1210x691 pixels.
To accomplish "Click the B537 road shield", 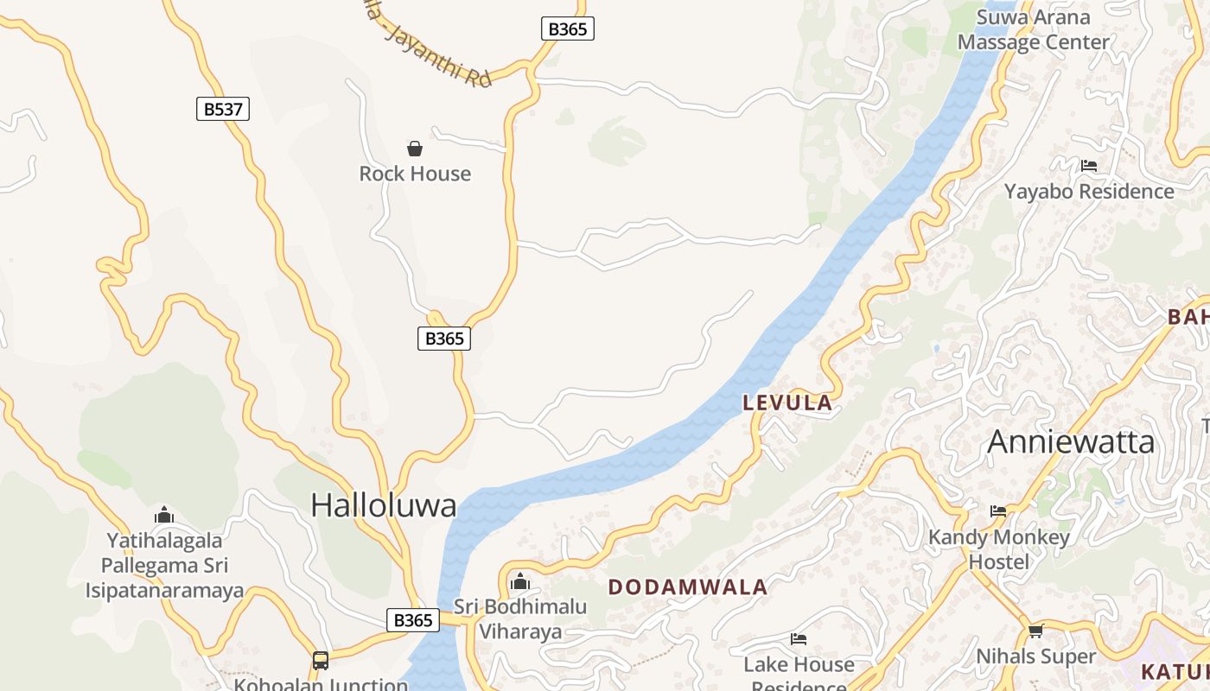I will pyautogui.click(x=223, y=109).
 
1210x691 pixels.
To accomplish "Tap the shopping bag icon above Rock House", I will pyautogui.click(x=415, y=149).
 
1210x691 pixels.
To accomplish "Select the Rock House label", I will pyautogui.click(x=415, y=174).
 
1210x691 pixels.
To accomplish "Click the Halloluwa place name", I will pyautogui.click(x=383, y=505).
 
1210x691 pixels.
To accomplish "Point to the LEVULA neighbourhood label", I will pyautogui.click(x=787, y=403).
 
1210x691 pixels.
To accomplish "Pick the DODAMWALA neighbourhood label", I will pyautogui.click(x=688, y=587).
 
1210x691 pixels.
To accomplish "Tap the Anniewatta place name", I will pyautogui.click(x=1071, y=442).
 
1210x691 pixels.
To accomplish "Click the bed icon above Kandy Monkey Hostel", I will pyautogui.click(x=998, y=511).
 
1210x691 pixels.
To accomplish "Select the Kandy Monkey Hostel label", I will pyautogui.click(x=999, y=549).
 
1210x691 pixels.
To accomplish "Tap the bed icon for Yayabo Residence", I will pyautogui.click(x=1089, y=166).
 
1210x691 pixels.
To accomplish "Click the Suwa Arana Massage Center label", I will pyautogui.click(x=1033, y=29).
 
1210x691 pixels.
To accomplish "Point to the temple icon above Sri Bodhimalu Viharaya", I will pyautogui.click(x=520, y=581).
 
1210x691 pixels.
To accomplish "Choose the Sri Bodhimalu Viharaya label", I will pyautogui.click(x=520, y=618).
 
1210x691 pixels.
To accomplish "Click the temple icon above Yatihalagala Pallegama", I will pyautogui.click(x=164, y=516).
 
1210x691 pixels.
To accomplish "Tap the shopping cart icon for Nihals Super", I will pyautogui.click(x=1035, y=631).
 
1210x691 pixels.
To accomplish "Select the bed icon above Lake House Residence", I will pyautogui.click(x=799, y=639).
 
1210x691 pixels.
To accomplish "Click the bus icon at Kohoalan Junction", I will pyautogui.click(x=321, y=661).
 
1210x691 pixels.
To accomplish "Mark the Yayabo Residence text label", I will pyautogui.click(x=1089, y=191).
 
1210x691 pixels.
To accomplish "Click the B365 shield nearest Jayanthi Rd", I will pyautogui.click(x=568, y=29).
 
